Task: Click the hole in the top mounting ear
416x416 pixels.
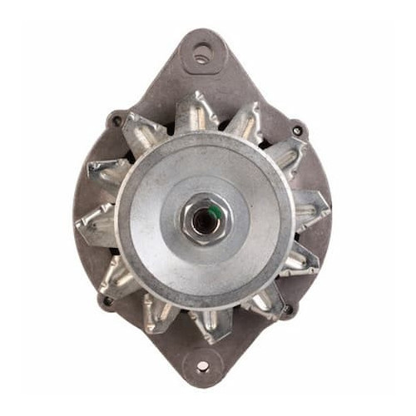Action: tap(201, 55)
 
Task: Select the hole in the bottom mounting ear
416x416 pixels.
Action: tap(202, 366)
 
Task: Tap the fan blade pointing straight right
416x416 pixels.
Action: tap(310, 208)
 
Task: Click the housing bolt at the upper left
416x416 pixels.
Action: tap(116, 121)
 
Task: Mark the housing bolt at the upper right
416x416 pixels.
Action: tap(297, 131)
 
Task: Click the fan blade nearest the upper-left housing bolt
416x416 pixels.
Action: tap(142, 133)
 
